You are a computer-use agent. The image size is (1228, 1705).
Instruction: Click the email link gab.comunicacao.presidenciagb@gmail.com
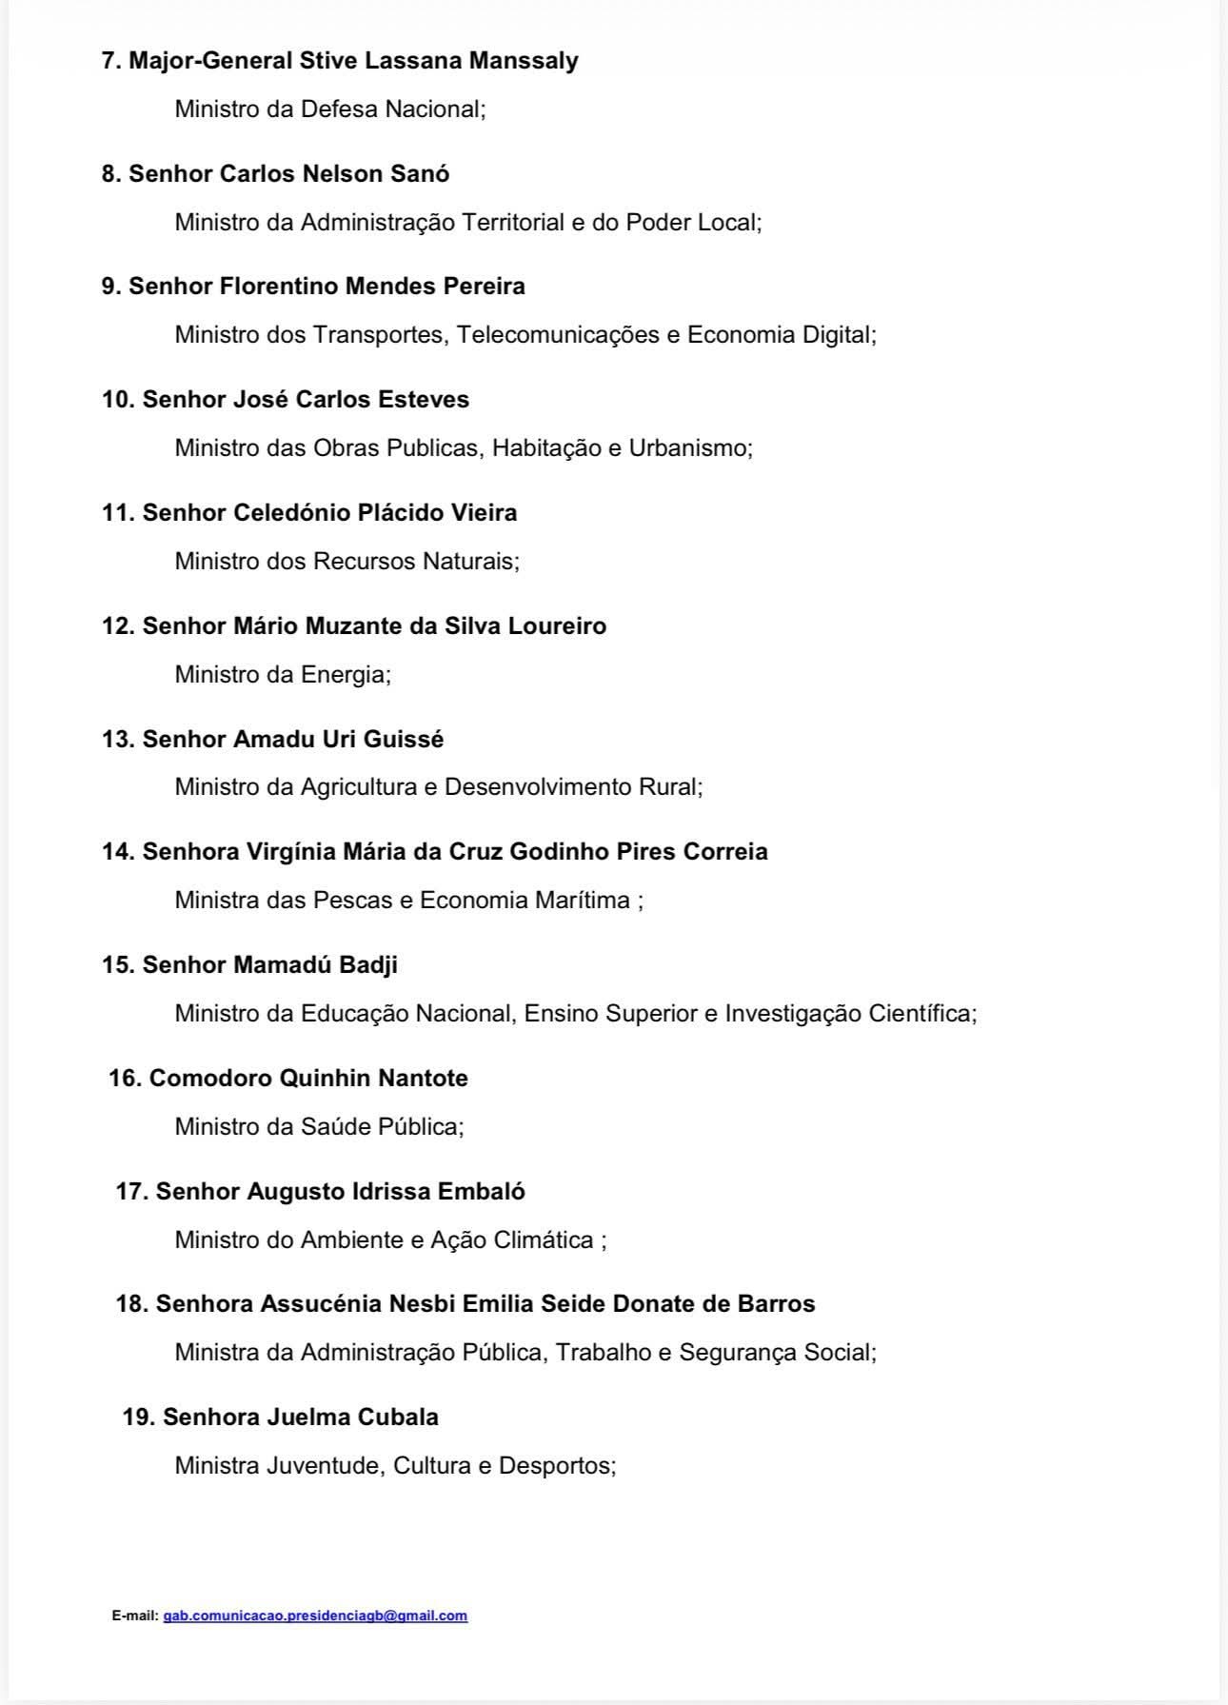[315, 1616]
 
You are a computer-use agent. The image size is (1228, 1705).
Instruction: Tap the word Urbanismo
[688, 447]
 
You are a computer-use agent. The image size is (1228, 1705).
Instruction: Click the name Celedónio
[292, 513]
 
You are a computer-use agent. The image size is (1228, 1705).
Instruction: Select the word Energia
[344, 674]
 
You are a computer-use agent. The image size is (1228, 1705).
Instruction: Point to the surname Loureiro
[557, 625]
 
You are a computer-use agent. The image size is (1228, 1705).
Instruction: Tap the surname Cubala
[398, 1417]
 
